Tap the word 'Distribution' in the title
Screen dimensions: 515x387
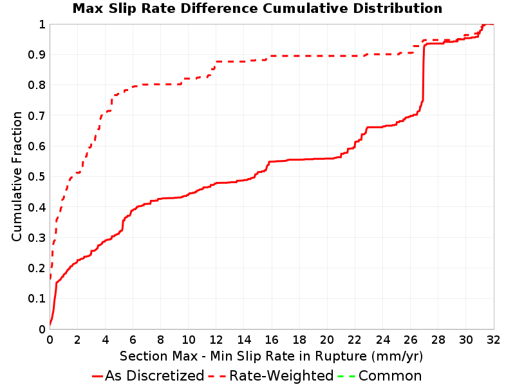coord(398,8)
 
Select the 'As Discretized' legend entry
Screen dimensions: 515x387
coord(148,375)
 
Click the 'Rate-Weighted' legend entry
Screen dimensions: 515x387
coord(271,375)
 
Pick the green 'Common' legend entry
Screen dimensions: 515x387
coord(380,375)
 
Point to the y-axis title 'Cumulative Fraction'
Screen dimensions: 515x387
coord(17,176)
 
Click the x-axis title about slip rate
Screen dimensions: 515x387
coord(271,356)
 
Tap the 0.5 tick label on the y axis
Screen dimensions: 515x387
coord(37,177)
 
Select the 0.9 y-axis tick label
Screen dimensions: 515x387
coord(37,55)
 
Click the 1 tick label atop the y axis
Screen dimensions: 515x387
coord(42,25)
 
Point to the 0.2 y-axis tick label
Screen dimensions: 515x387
coord(37,268)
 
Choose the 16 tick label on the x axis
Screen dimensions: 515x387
coord(272,340)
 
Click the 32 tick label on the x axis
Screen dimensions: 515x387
coord(493,340)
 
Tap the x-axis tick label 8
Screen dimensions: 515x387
coord(160,340)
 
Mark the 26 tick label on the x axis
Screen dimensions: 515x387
coord(410,340)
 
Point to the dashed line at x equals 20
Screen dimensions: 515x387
coord(327,56)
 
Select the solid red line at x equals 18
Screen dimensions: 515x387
coord(299,159)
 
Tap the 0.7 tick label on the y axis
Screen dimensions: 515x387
coord(37,116)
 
